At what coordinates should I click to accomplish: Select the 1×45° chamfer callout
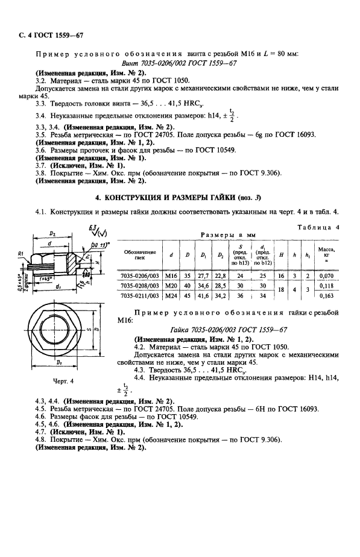point(43,278)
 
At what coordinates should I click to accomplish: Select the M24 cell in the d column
point(173,296)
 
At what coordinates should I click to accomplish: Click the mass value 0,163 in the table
point(327,296)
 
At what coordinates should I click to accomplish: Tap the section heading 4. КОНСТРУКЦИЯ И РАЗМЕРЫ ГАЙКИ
point(180,197)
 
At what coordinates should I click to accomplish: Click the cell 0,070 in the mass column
point(327,274)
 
